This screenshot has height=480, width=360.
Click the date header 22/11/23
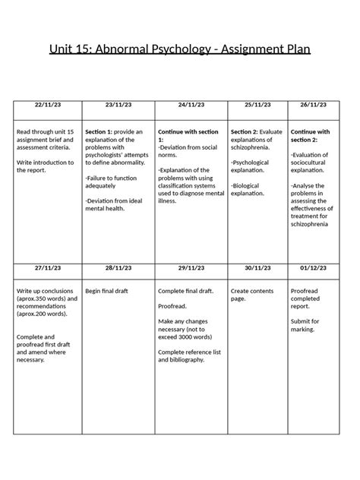(x=49, y=105)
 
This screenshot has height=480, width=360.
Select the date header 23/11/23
(x=118, y=105)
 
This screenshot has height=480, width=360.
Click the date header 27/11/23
(x=49, y=268)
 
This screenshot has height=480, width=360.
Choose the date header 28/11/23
(x=118, y=268)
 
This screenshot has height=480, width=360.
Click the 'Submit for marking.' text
(x=305, y=325)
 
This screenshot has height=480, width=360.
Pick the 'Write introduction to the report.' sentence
(x=46, y=166)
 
